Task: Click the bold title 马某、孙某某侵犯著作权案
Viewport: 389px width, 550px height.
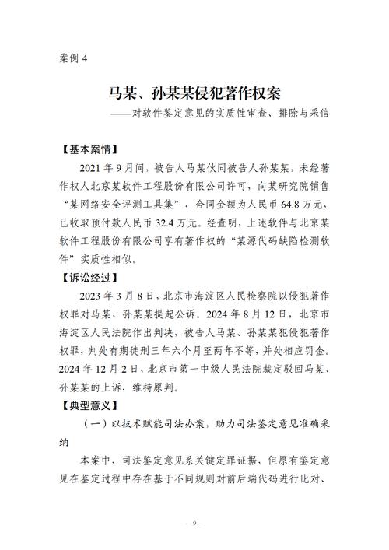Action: (x=194, y=95)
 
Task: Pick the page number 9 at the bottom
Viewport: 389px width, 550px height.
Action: (x=194, y=522)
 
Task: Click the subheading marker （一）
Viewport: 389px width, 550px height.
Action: (x=99, y=424)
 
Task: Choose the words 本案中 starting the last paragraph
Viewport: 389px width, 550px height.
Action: (x=96, y=461)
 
